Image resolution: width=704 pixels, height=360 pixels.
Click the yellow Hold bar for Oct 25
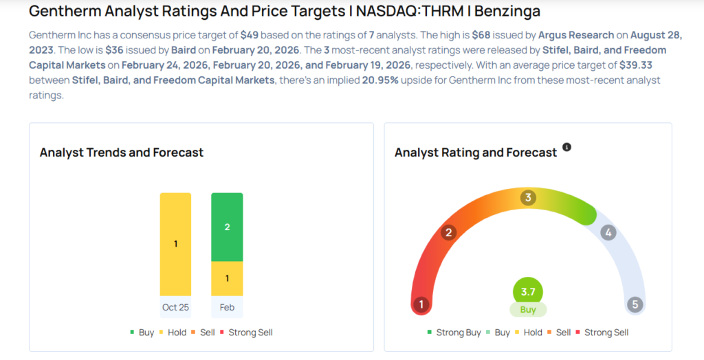[175, 244]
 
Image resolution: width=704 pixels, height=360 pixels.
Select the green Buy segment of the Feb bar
[227, 227]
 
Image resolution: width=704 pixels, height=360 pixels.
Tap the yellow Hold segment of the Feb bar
[227, 278]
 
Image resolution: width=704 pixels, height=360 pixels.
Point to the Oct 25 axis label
[175, 307]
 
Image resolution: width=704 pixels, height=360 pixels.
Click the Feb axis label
[227, 307]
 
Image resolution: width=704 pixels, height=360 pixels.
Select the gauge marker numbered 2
[449, 232]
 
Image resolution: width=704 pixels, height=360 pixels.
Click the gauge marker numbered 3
[528, 198]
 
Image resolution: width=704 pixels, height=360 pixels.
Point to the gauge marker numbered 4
[608, 232]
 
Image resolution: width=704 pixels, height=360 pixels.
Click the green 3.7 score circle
[528, 292]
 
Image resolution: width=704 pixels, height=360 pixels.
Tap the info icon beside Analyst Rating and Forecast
[567, 147]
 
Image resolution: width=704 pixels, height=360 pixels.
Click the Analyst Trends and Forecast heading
[122, 153]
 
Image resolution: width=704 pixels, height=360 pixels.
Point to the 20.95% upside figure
[375, 80]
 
